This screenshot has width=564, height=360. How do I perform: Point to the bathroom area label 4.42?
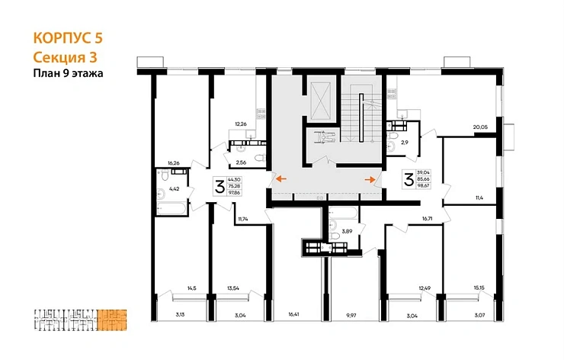coord(174,188)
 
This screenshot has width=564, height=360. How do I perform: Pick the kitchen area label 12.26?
coord(242,124)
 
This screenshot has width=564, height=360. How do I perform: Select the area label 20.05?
coord(479,127)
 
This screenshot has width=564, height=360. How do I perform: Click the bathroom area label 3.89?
coord(346,230)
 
